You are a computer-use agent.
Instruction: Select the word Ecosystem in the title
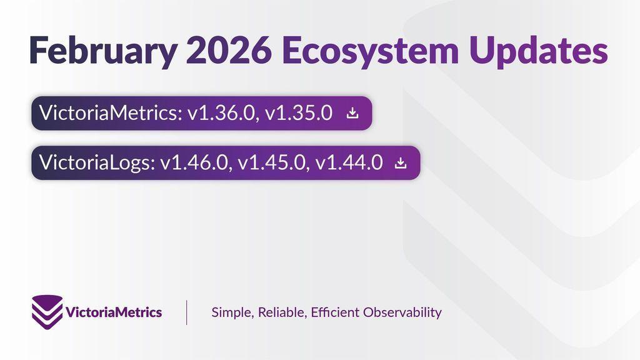point(370,51)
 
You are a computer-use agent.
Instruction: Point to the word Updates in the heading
point(538,51)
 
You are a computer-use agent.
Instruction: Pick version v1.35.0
point(299,113)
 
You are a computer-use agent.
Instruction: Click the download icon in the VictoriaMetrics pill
point(352,113)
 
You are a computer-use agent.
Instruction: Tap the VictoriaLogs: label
point(97,162)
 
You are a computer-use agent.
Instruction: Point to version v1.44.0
point(349,162)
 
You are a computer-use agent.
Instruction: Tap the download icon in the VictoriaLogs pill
point(401,163)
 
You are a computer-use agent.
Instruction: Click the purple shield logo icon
point(47,312)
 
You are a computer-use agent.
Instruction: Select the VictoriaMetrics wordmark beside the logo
point(114,312)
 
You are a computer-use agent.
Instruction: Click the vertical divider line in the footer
point(186,312)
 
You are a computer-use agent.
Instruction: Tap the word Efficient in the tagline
point(335,312)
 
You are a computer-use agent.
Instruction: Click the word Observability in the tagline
point(402,312)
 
